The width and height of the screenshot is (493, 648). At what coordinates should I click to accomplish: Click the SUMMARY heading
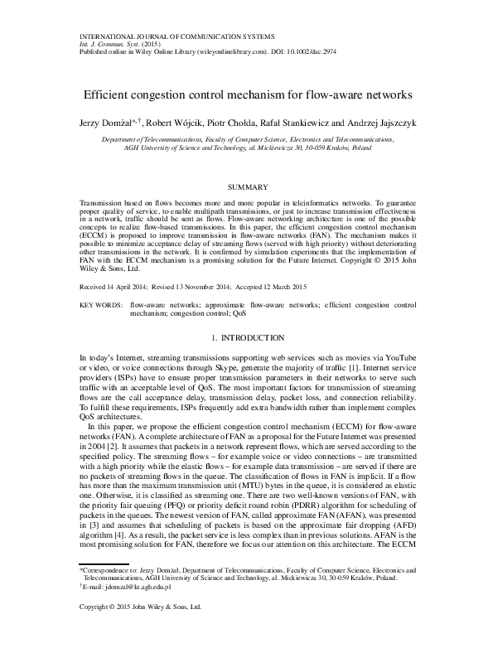(246, 189)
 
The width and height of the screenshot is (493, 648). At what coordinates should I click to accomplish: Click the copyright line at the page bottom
(141, 631)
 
